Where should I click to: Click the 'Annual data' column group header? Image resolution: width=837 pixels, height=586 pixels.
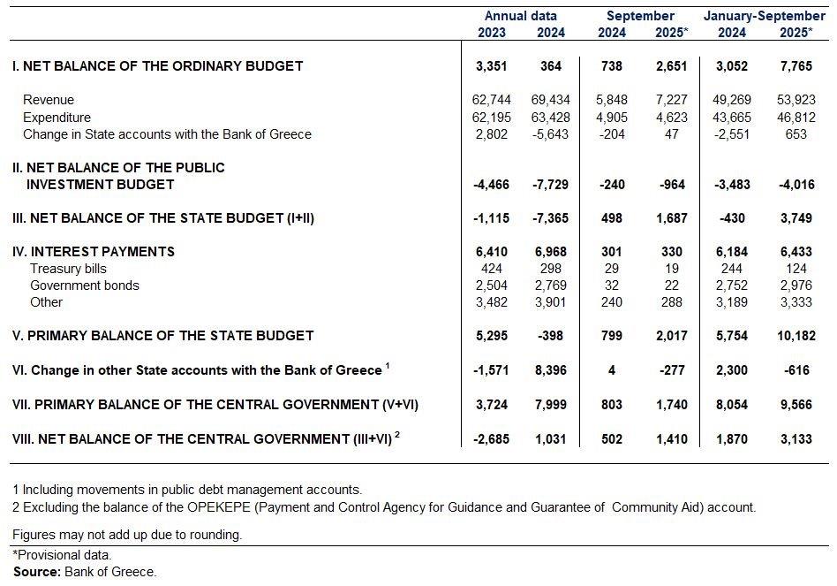pos(521,16)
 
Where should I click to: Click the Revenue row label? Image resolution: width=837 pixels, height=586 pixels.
pos(49,100)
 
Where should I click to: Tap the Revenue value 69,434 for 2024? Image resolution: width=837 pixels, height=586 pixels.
pos(554,100)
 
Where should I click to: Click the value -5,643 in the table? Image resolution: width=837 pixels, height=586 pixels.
pos(552,134)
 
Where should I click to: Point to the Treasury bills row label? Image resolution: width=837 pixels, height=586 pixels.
pos(68,269)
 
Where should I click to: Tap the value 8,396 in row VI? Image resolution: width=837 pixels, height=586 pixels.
pos(554,370)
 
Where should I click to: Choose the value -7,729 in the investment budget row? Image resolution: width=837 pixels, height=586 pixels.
pos(552,185)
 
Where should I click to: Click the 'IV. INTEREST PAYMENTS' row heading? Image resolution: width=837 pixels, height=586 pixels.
pos(94,252)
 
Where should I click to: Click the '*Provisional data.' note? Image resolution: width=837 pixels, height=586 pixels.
pos(62,555)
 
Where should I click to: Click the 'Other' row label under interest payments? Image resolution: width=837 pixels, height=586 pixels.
pos(47,302)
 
